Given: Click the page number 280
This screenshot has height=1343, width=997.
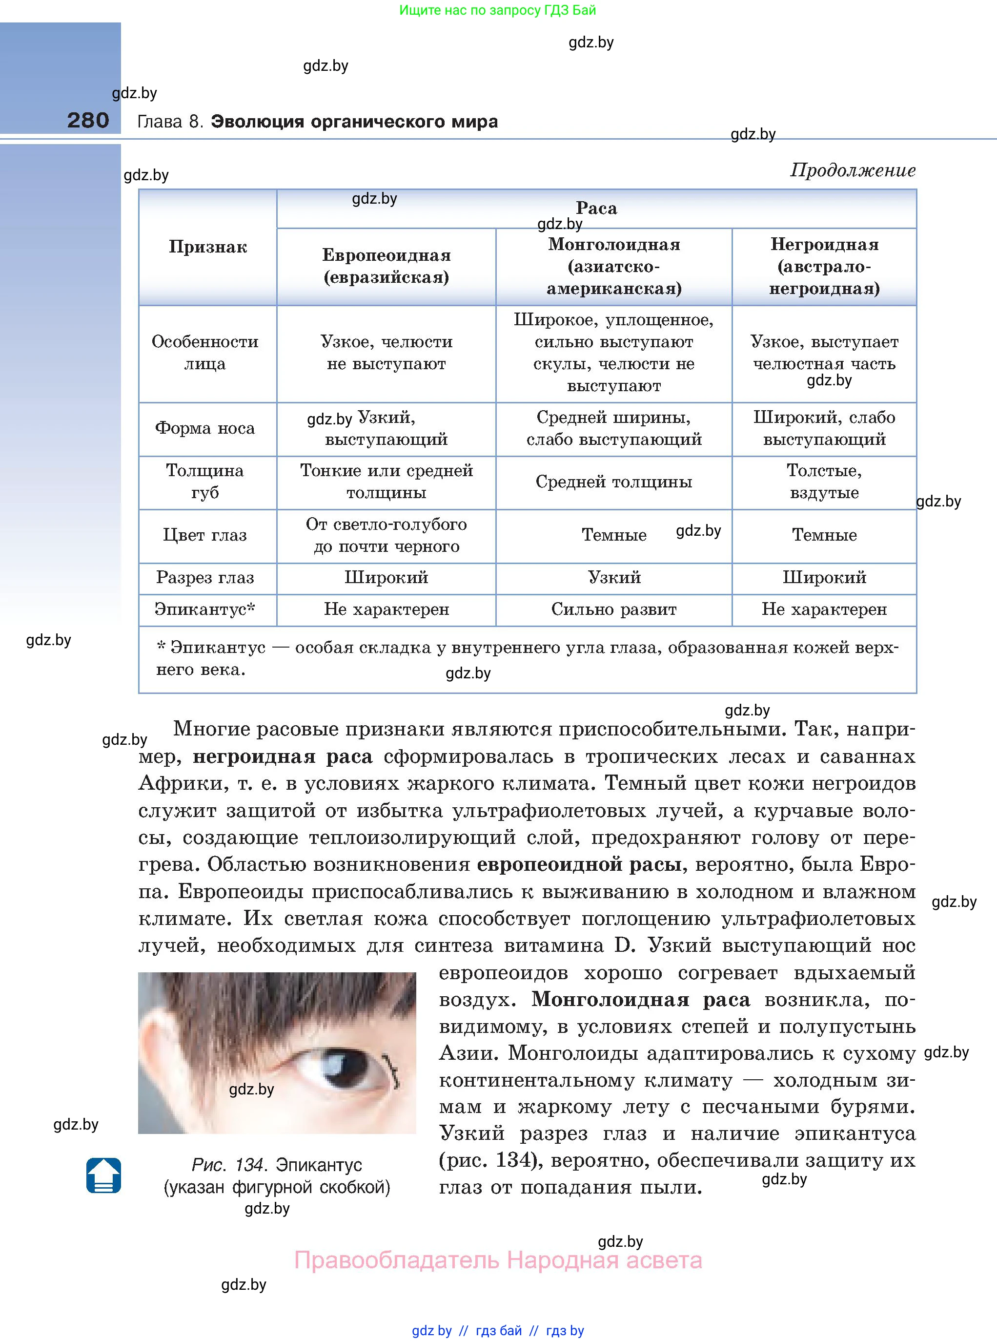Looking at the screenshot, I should tap(88, 120).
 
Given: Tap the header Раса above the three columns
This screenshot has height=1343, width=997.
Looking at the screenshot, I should tap(596, 209).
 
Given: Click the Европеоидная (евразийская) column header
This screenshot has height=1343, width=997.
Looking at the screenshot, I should tap(386, 266).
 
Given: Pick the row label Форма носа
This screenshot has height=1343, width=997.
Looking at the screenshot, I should tap(205, 428).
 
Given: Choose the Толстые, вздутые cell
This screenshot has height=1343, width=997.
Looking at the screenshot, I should tap(824, 481).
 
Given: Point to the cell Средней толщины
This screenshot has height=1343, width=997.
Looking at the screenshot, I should tap(614, 482).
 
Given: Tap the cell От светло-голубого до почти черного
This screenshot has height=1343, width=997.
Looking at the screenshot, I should tap(386, 535).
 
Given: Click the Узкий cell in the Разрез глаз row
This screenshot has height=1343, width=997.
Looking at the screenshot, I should tap(614, 577).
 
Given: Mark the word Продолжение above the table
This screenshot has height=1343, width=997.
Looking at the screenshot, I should tap(853, 170).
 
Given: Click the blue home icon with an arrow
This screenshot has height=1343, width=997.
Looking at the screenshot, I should tap(104, 1175).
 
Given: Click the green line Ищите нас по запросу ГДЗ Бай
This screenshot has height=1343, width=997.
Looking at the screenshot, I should tap(498, 10).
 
